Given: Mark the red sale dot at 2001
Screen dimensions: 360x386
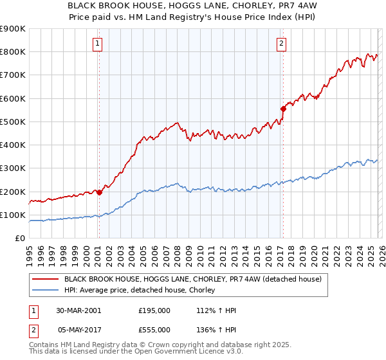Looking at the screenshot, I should point(100,192).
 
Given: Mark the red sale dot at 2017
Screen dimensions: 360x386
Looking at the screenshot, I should point(282,109).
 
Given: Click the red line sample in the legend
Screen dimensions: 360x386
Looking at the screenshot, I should point(45,279).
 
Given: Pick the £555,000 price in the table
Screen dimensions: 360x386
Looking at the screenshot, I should point(154,329).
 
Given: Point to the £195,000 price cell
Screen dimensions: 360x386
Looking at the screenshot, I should point(154,310).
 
